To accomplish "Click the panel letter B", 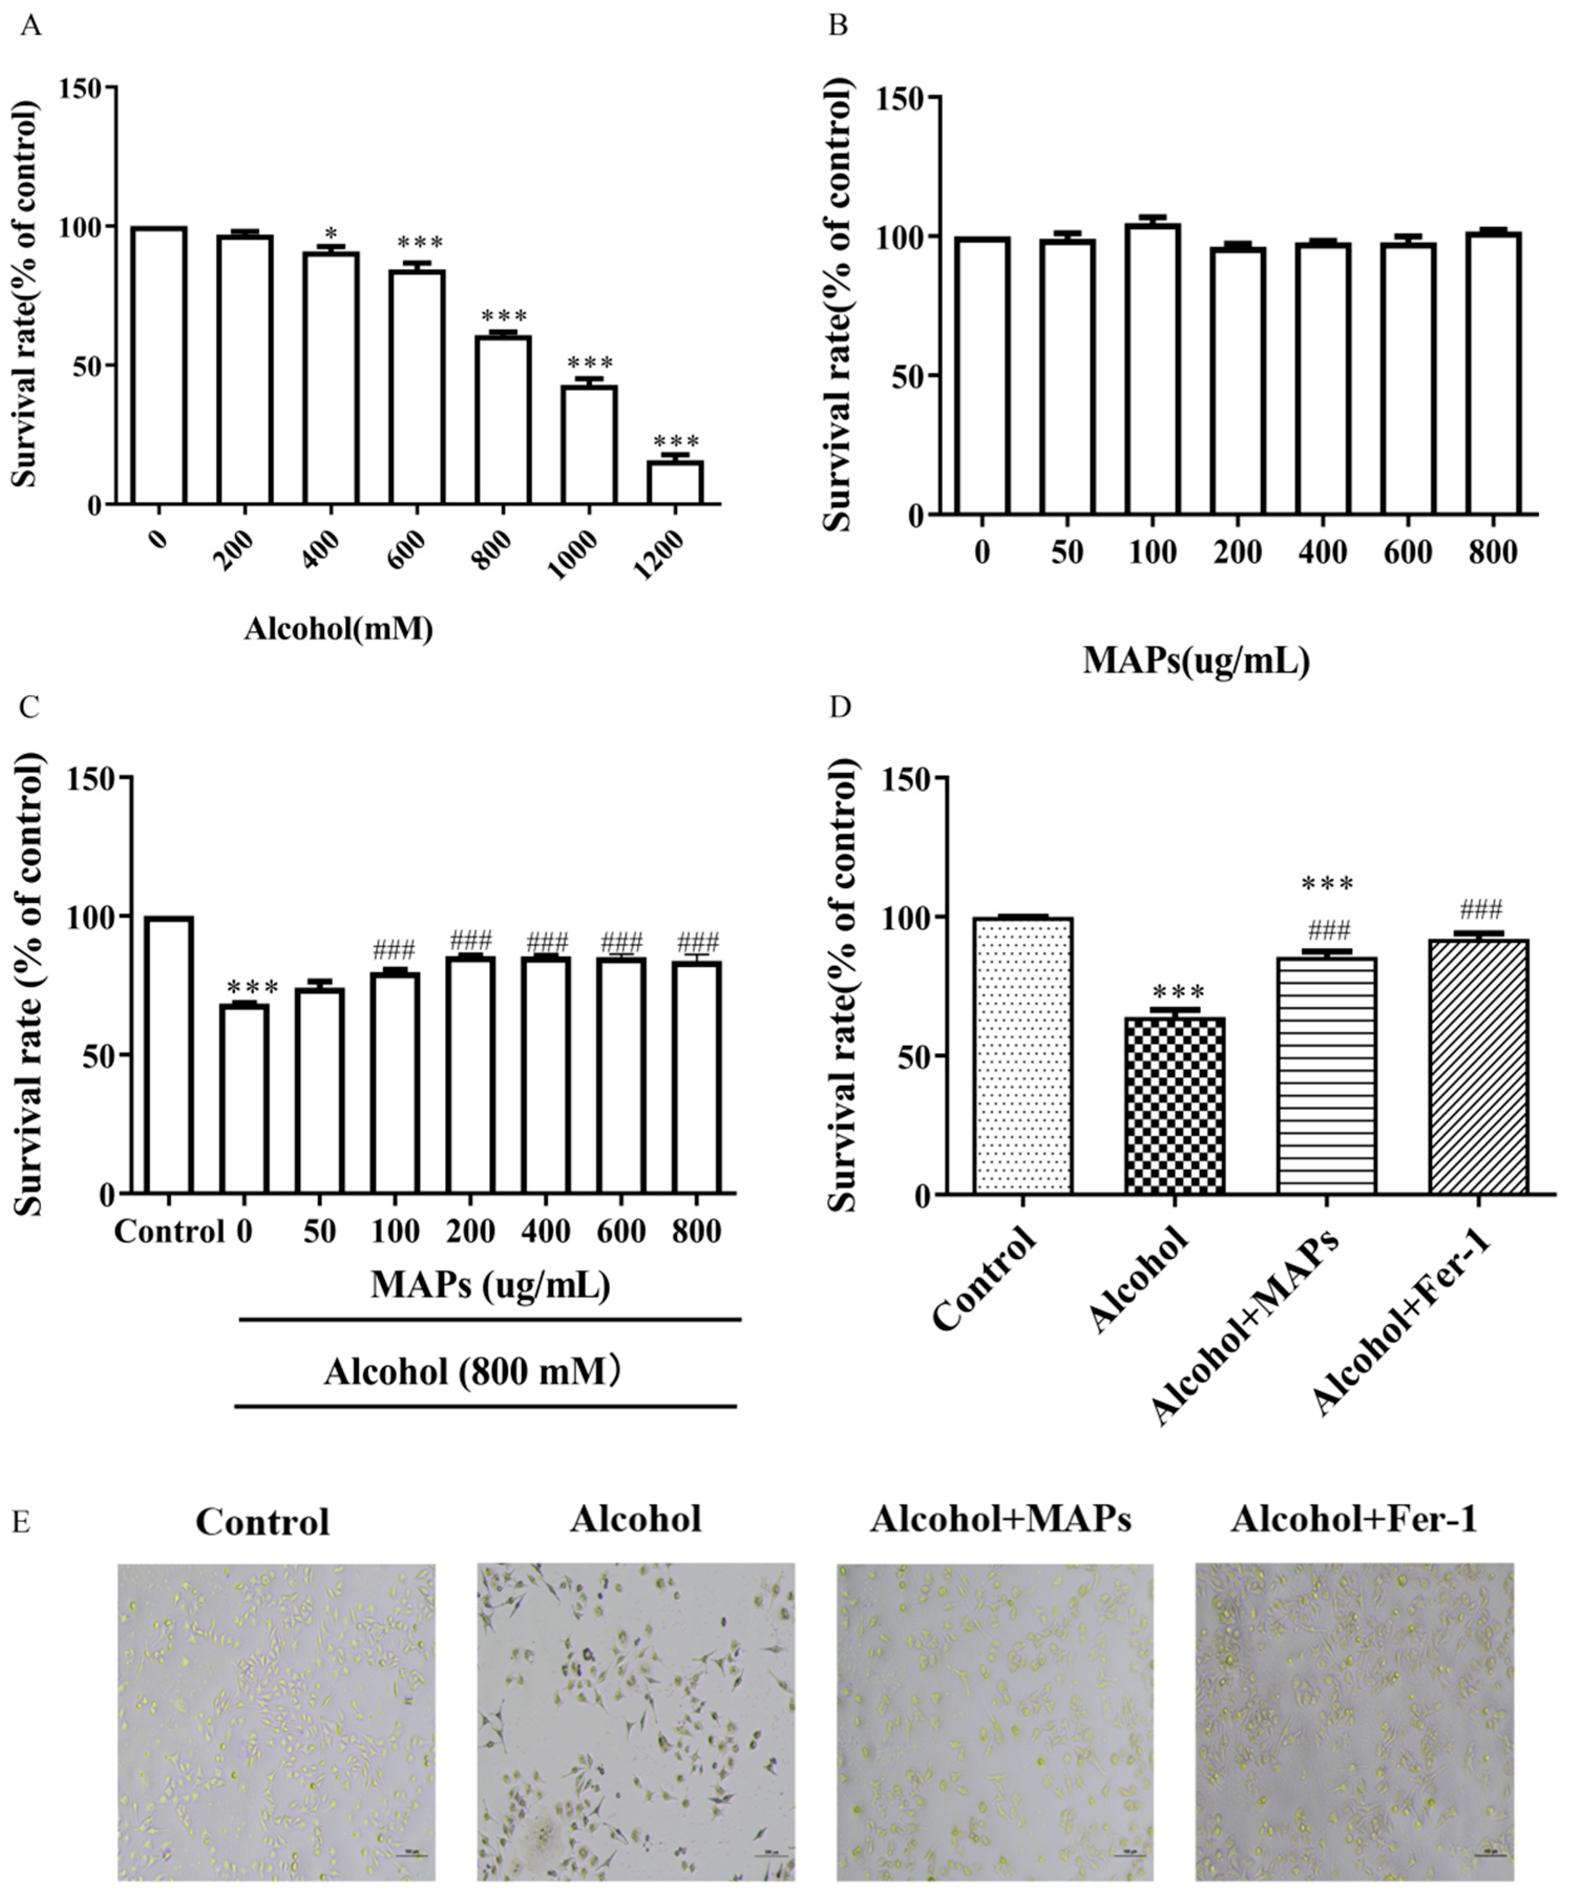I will (837, 25).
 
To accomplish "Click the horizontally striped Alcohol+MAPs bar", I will (1326, 1076).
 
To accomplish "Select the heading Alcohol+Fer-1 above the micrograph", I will (1353, 1519).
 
